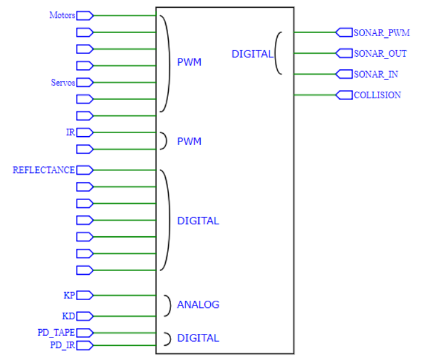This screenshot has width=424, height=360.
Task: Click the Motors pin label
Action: tap(62, 15)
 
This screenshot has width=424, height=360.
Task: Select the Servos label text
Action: tap(63, 83)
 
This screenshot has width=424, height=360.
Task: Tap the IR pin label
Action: tap(70, 132)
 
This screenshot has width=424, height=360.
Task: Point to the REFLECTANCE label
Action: tap(44, 171)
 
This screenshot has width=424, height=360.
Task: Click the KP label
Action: tap(70, 295)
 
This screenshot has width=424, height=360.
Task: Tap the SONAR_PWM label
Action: tap(381, 33)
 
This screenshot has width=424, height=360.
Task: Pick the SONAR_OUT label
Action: tap(380, 54)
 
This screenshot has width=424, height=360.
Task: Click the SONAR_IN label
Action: tap(375, 75)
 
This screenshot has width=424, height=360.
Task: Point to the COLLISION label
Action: tap(377, 95)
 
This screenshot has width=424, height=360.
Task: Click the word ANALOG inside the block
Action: tap(198, 305)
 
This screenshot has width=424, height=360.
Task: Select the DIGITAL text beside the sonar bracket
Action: tap(252, 54)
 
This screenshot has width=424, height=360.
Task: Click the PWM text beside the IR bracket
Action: tap(189, 142)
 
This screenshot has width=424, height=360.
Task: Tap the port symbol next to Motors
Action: tap(85, 15)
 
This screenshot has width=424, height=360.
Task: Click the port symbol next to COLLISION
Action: tap(344, 95)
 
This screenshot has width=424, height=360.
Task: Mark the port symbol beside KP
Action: tap(85, 295)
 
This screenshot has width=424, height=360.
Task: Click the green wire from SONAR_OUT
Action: tap(314, 54)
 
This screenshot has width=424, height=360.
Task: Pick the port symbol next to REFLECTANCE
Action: tap(85, 171)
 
